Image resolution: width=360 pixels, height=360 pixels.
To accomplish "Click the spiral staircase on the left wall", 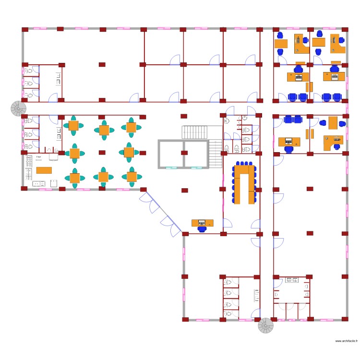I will pos(19,108).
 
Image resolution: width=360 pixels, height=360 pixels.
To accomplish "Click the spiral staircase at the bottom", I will pos(265,325).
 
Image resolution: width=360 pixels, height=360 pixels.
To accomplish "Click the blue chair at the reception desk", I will pos(202,229).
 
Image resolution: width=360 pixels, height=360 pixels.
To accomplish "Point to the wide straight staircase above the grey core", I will pos(194,131).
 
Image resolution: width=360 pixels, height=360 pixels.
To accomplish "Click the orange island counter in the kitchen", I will pos(44,170).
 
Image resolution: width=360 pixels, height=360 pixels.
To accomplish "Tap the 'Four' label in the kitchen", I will pos(38,157).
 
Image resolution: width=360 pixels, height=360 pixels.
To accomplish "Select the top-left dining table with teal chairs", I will pos(73,126).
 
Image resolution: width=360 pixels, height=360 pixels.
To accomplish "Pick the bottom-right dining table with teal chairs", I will pos(131,177).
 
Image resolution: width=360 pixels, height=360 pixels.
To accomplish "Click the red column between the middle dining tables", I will pos(102,152).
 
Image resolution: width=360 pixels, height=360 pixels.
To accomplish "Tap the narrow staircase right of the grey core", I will pos(216,153).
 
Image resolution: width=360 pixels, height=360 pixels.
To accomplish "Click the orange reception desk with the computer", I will pos(203,222).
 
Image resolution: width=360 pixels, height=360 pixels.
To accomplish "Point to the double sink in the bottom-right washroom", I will pos(291,279).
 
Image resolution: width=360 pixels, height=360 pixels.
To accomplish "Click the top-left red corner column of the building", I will pos(24,29).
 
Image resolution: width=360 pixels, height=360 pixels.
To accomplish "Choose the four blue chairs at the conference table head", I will pos(244,164).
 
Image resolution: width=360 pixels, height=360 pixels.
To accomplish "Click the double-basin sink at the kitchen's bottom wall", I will pos(38,183).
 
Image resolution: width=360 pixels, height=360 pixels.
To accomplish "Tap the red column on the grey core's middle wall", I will pos(184,153).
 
